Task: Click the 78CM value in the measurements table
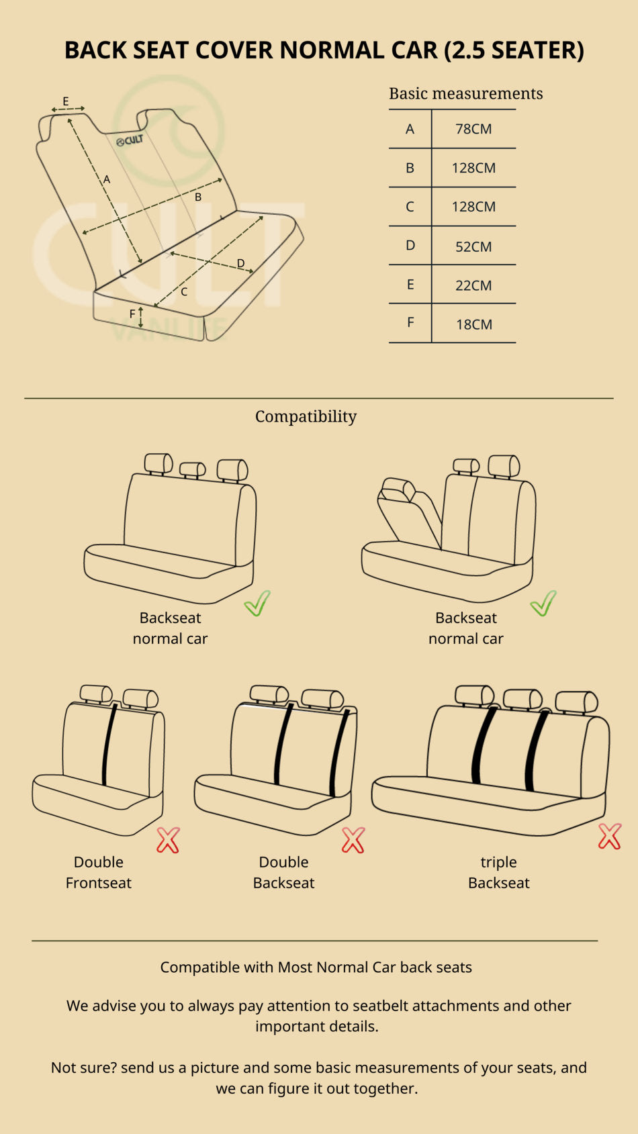pyautogui.click(x=473, y=129)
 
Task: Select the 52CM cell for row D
pyautogui.click(x=473, y=246)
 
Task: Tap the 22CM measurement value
pyautogui.click(x=473, y=285)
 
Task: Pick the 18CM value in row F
pyautogui.click(x=474, y=324)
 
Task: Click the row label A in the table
pyautogui.click(x=410, y=129)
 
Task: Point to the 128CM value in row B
pyautogui.click(x=473, y=168)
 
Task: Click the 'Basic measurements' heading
pyautogui.click(x=466, y=93)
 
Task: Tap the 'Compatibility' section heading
pyautogui.click(x=306, y=417)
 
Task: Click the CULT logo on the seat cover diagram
pyautogui.click(x=130, y=140)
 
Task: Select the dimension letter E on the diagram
pyautogui.click(x=66, y=101)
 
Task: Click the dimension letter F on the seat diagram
pyautogui.click(x=132, y=314)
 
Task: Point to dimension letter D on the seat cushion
pyautogui.click(x=241, y=263)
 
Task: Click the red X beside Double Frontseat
pyautogui.click(x=168, y=841)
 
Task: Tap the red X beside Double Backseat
pyautogui.click(x=353, y=841)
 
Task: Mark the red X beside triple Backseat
pyautogui.click(x=610, y=837)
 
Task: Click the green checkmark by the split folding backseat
pyautogui.click(x=543, y=603)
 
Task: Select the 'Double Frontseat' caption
pyautogui.click(x=98, y=872)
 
